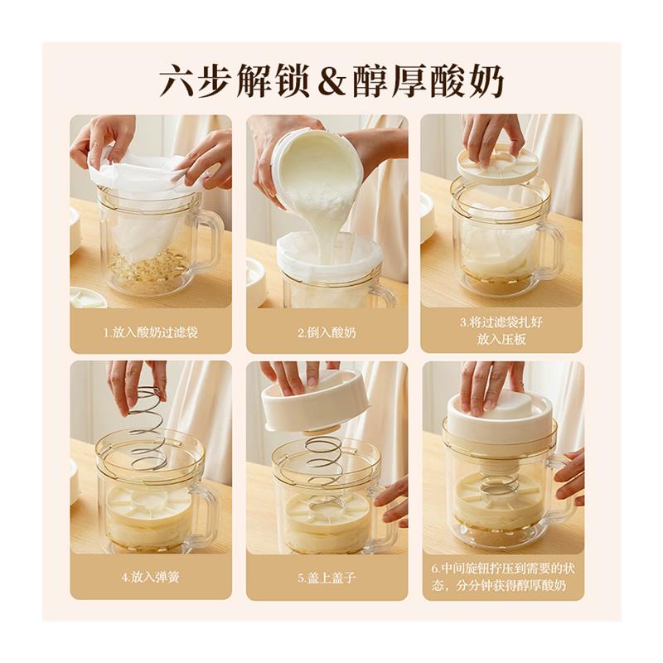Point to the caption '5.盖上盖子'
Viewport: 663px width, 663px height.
(327, 577)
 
